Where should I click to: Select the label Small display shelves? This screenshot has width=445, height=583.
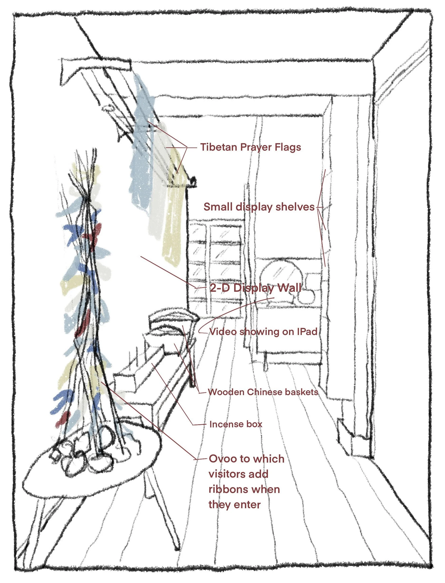tap(259, 207)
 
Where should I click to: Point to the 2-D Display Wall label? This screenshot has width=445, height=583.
tap(255, 288)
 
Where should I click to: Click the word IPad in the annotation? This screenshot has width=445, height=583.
tap(307, 331)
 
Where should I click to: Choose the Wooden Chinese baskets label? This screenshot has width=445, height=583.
tap(263, 392)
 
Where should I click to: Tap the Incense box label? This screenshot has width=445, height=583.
tap(236, 424)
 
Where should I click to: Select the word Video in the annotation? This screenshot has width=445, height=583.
tap(223, 331)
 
